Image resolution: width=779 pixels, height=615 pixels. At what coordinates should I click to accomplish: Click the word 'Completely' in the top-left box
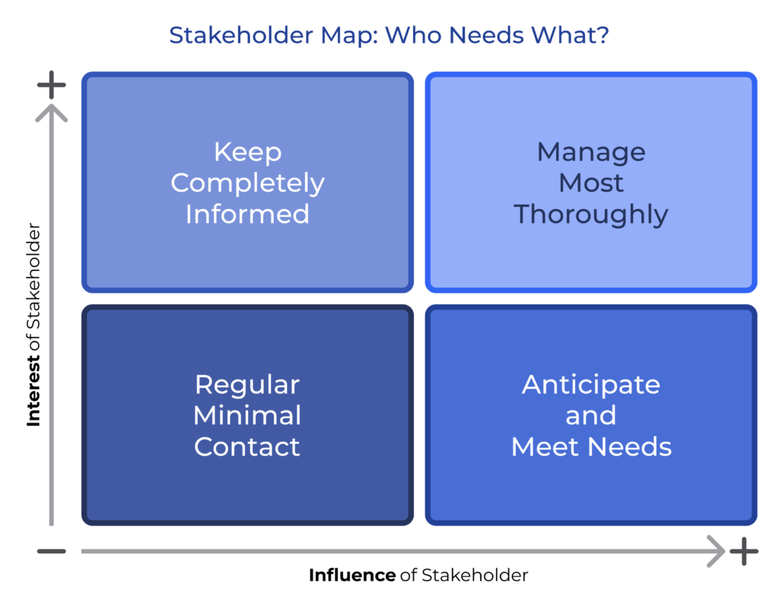pyautogui.click(x=247, y=183)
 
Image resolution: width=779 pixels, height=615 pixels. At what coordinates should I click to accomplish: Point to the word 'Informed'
pyautogui.click(x=247, y=214)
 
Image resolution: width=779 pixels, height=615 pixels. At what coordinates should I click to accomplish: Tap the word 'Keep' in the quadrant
pyautogui.click(x=247, y=152)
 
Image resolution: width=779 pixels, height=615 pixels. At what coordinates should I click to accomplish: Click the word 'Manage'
pyautogui.click(x=591, y=152)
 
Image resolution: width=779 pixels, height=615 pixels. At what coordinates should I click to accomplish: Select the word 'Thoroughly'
pyautogui.click(x=591, y=214)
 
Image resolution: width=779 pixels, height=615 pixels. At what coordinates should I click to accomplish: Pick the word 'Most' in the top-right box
pyautogui.click(x=591, y=183)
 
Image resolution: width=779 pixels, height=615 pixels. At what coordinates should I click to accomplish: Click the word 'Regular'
pyautogui.click(x=247, y=385)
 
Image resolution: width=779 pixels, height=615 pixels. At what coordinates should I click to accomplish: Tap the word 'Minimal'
pyautogui.click(x=247, y=416)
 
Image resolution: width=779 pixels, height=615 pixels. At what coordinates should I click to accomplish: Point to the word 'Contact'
pyautogui.click(x=247, y=447)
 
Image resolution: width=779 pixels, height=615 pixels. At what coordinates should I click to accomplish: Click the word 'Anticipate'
pyautogui.click(x=591, y=385)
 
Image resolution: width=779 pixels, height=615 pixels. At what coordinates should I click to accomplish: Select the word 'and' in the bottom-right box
pyautogui.click(x=591, y=416)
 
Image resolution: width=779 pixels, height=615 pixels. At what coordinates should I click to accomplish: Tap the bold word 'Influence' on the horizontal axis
pyautogui.click(x=351, y=575)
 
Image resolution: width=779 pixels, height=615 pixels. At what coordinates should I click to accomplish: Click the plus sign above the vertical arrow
pyautogui.click(x=52, y=85)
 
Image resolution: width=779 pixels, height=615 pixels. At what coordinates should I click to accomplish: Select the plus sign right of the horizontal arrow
pyautogui.click(x=744, y=551)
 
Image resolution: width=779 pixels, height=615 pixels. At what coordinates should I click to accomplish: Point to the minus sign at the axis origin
pyautogui.click(x=52, y=551)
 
